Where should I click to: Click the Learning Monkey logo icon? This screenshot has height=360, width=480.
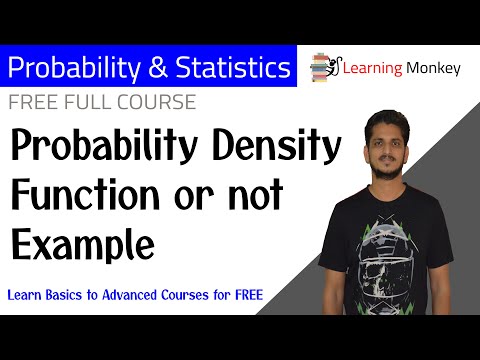click(326, 66)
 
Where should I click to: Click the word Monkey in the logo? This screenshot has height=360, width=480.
click(433, 68)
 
